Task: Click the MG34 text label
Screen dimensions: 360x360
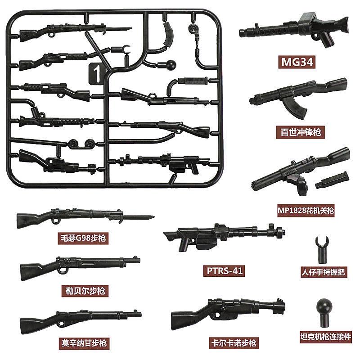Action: coord(296,62)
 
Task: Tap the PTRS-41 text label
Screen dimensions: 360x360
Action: coord(220,271)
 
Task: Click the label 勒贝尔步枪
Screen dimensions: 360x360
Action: coord(85,290)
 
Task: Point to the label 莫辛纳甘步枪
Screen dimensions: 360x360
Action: coord(85,343)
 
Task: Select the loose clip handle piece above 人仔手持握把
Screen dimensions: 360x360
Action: coord(321,247)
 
